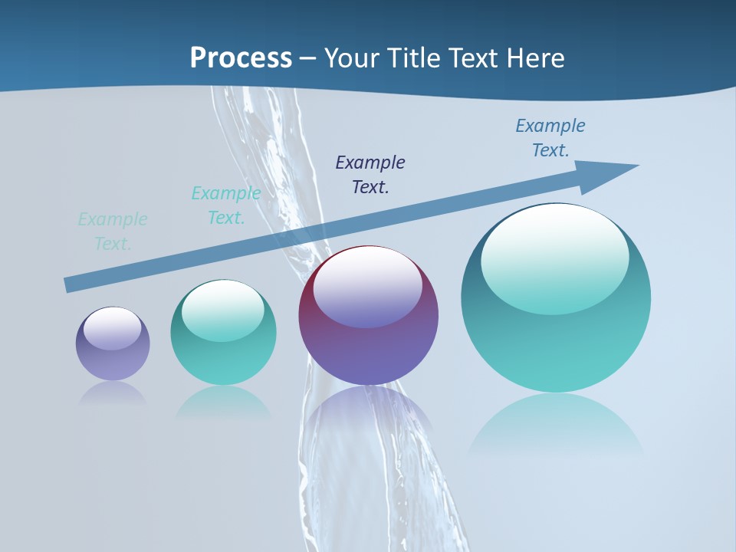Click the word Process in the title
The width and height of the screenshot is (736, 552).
(241, 58)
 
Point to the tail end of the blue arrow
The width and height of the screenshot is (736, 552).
(69, 284)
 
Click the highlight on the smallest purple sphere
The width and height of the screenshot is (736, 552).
(112, 328)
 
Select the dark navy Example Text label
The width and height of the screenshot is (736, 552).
(370, 174)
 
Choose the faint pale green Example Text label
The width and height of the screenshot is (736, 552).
(113, 232)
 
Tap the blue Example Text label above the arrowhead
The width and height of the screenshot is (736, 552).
(550, 138)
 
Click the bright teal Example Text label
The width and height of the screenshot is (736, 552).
(226, 205)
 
